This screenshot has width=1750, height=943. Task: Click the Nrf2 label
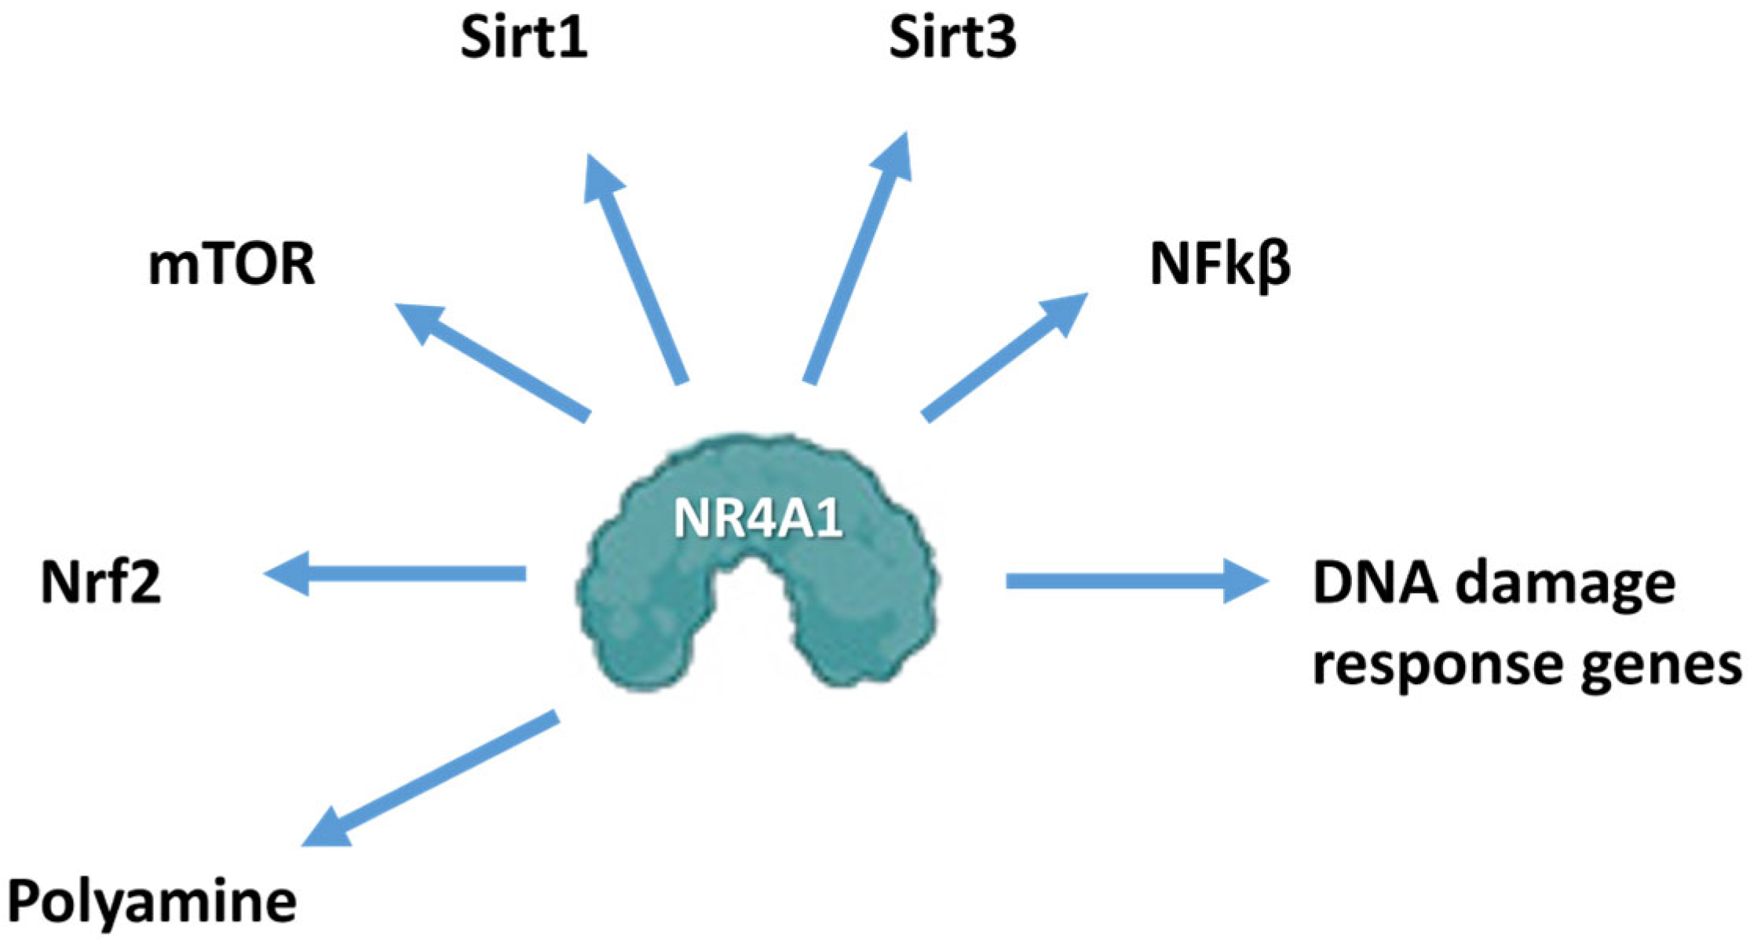pyautogui.click(x=100, y=582)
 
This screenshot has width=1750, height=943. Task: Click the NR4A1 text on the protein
pyautogui.click(x=758, y=519)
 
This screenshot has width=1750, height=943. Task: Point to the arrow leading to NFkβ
pyautogui.click(x=1005, y=357)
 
